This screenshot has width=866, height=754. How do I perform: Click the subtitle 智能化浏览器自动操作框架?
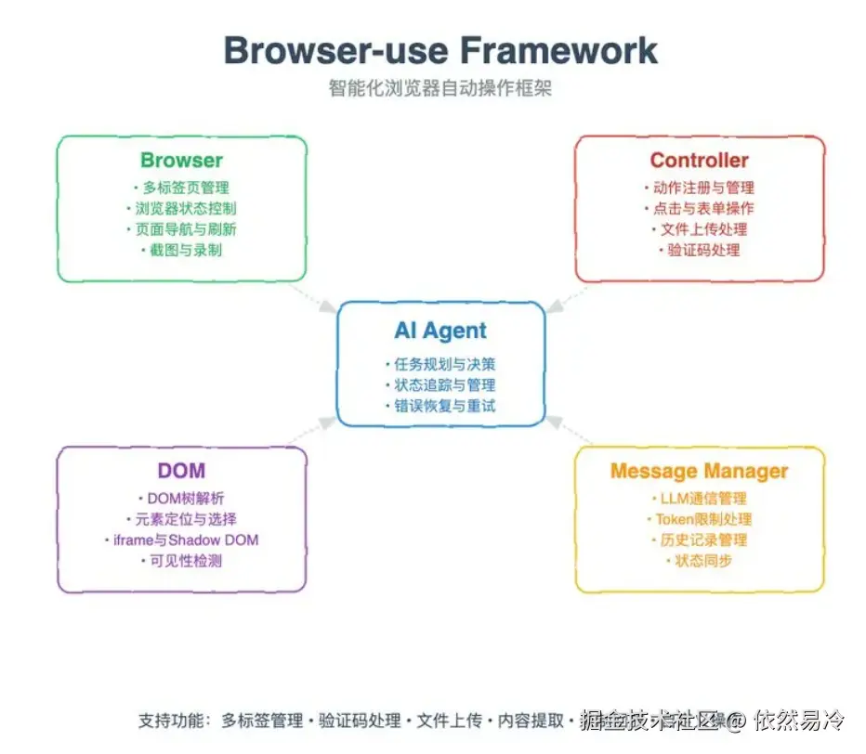(440, 88)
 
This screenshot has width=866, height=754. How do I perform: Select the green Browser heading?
(182, 160)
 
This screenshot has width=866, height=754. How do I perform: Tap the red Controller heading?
(699, 160)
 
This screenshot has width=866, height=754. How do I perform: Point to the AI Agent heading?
(440, 331)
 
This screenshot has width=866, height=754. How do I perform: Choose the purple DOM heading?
(182, 471)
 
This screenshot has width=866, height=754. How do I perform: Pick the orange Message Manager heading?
(699, 471)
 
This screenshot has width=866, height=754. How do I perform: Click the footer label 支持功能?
(175, 721)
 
